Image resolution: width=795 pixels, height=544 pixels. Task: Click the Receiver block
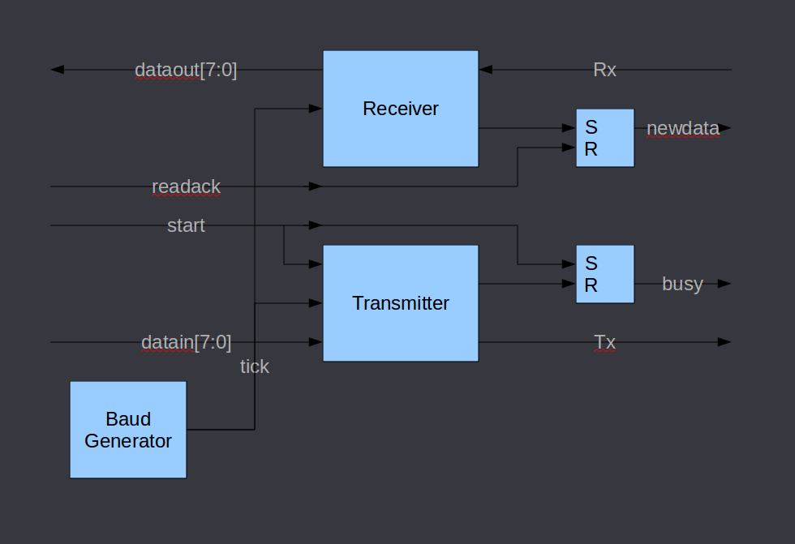click(x=400, y=109)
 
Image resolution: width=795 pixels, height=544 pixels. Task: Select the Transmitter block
click(x=400, y=303)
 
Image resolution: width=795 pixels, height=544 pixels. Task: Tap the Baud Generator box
click(x=128, y=430)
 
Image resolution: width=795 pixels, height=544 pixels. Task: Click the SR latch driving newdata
click(x=605, y=138)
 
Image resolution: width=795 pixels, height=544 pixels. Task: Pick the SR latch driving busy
click(x=605, y=274)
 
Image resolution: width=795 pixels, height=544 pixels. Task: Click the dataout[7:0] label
click(x=186, y=70)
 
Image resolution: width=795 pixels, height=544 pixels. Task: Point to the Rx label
click(x=604, y=70)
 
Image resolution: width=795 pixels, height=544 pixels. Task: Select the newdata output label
click(x=682, y=128)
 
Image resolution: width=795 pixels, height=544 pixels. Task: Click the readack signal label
click(x=186, y=186)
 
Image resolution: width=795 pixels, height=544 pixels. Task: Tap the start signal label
click(x=186, y=225)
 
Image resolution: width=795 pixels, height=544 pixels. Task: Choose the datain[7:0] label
click(x=186, y=342)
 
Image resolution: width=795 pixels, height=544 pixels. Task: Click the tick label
click(x=254, y=366)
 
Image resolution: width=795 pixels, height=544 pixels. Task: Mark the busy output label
click(x=682, y=284)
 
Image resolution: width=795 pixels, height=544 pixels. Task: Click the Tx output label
click(x=604, y=342)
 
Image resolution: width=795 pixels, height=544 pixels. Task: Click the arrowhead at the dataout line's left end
click(x=57, y=70)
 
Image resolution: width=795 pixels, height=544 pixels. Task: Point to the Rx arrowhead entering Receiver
click(x=485, y=70)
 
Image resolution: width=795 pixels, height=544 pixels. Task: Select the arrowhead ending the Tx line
click(x=724, y=342)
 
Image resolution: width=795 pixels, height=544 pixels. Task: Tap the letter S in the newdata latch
click(x=591, y=127)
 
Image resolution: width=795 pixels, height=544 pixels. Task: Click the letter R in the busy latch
click(x=591, y=285)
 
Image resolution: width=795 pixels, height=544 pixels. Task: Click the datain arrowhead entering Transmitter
click(x=316, y=342)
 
